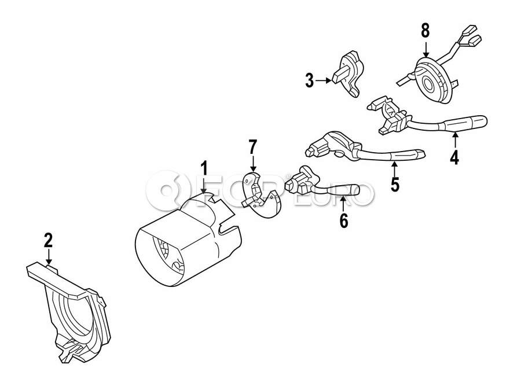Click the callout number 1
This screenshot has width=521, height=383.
(x=204, y=168)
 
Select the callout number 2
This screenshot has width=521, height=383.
(x=49, y=240)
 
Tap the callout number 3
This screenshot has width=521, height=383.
(x=309, y=81)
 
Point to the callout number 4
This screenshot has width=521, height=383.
(x=454, y=157)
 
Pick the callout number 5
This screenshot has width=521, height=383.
(x=395, y=184)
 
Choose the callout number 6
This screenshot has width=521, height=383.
(x=343, y=220)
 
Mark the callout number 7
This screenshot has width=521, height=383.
(x=253, y=147)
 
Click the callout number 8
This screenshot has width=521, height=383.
(x=425, y=31)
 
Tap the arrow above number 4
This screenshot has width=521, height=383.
(x=454, y=139)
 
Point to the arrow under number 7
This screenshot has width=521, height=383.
(x=253, y=164)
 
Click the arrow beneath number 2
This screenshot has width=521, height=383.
(x=49, y=257)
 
